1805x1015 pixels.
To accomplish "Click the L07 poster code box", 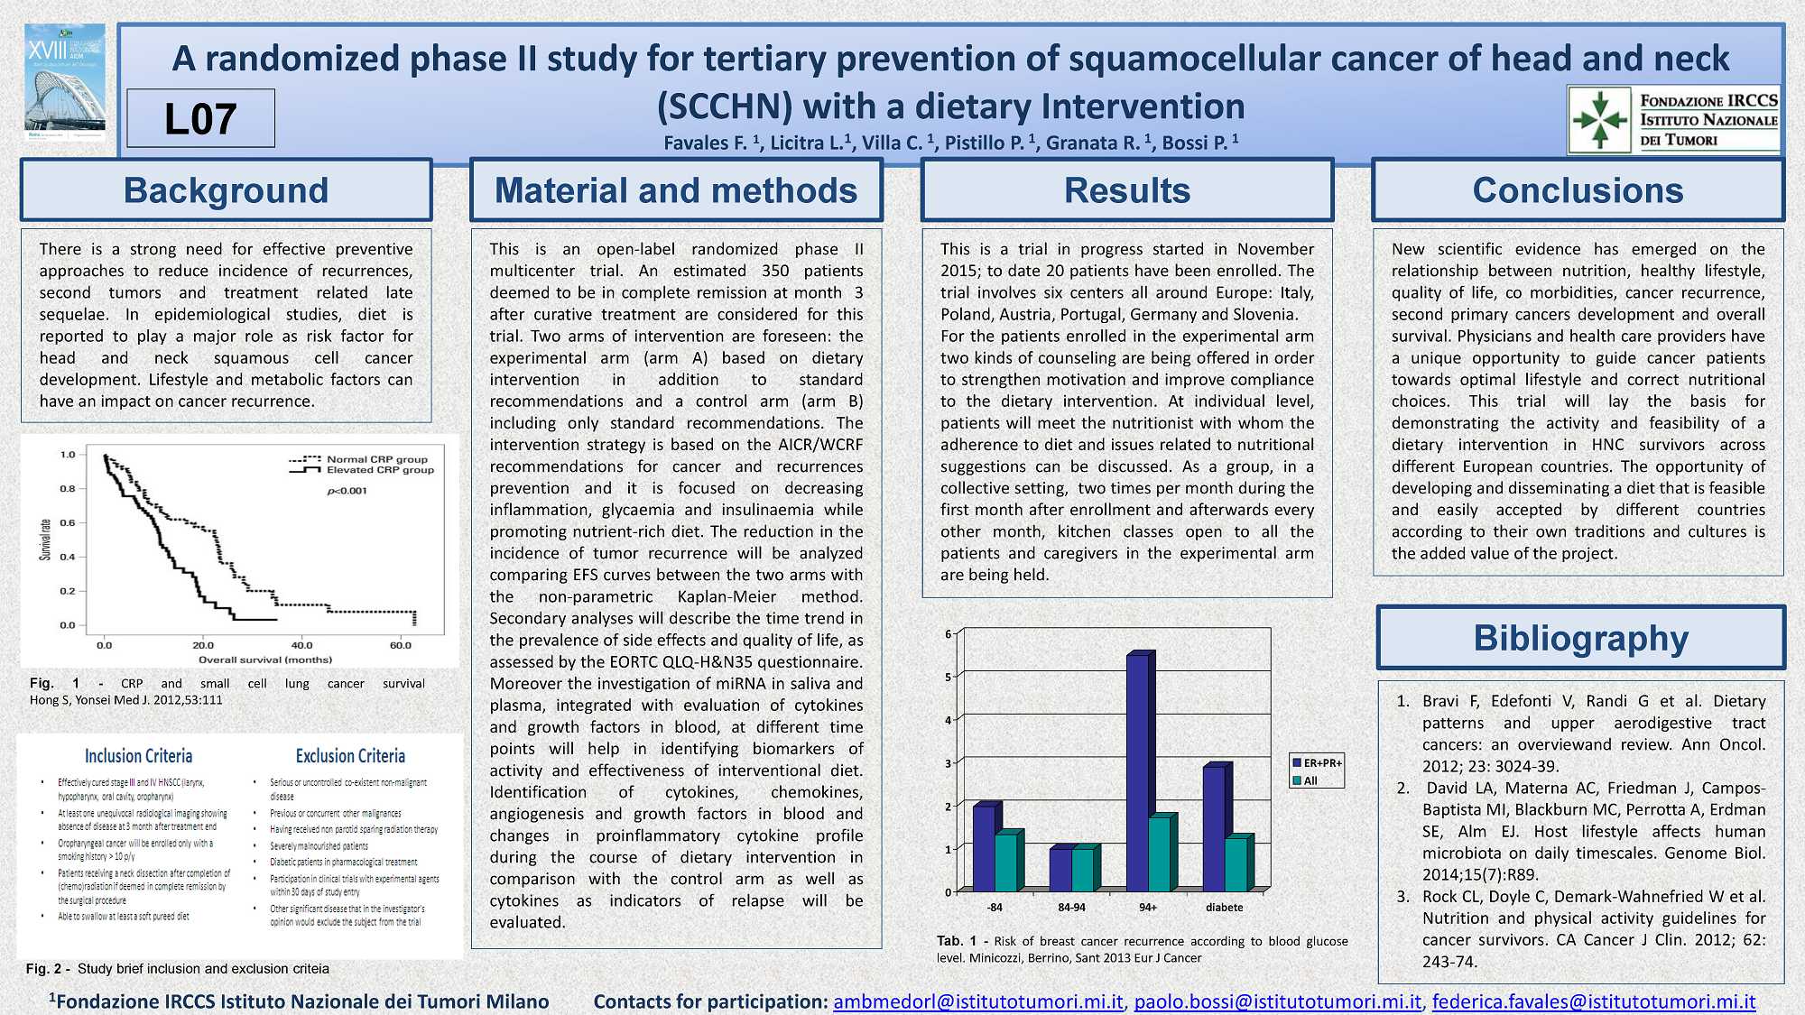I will tap(200, 118).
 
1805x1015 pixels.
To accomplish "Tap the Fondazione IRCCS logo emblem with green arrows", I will tap(1599, 119).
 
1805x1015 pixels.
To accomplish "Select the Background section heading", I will tap(226, 190).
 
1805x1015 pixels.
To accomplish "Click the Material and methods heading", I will tap(676, 190).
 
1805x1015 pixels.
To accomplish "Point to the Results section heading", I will tap(1126, 190).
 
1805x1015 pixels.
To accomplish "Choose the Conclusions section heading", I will tap(1578, 190).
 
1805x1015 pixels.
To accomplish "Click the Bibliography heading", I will tap(1580, 638).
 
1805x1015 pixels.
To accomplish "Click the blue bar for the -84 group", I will tap(984, 848).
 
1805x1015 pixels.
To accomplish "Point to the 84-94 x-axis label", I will tap(1071, 908).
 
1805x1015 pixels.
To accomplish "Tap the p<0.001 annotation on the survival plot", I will tap(347, 491).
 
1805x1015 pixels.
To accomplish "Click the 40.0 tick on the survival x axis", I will tap(301, 645).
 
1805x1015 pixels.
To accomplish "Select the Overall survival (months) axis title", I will tap(265, 660).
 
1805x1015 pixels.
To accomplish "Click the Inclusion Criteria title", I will tap(138, 756).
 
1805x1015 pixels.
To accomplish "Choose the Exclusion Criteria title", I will tap(350, 756).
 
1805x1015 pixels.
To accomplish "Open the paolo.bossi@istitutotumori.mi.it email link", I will tap(1277, 1001).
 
